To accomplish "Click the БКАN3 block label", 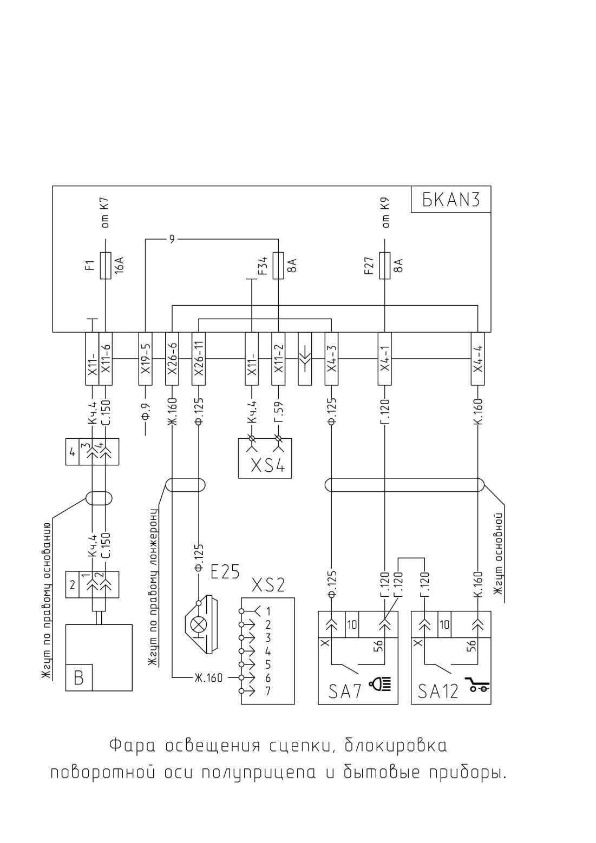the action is click(x=451, y=200).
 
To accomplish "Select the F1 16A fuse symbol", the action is click(x=106, y=266).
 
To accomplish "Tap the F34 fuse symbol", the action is click(x=278, y=266).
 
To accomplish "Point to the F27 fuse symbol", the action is click(x=385, y=266).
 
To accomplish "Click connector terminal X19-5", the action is click(x=145, y=359).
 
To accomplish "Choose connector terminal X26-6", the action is click(x=172, y=359).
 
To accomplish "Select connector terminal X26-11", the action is click(x=199, y=359).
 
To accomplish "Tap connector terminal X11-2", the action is click(x=278, y=359).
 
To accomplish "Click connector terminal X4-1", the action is click(x=385, y=359).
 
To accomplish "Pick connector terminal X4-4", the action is click(x=478, y=359).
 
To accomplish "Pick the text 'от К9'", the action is click(x=386, y=213).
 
